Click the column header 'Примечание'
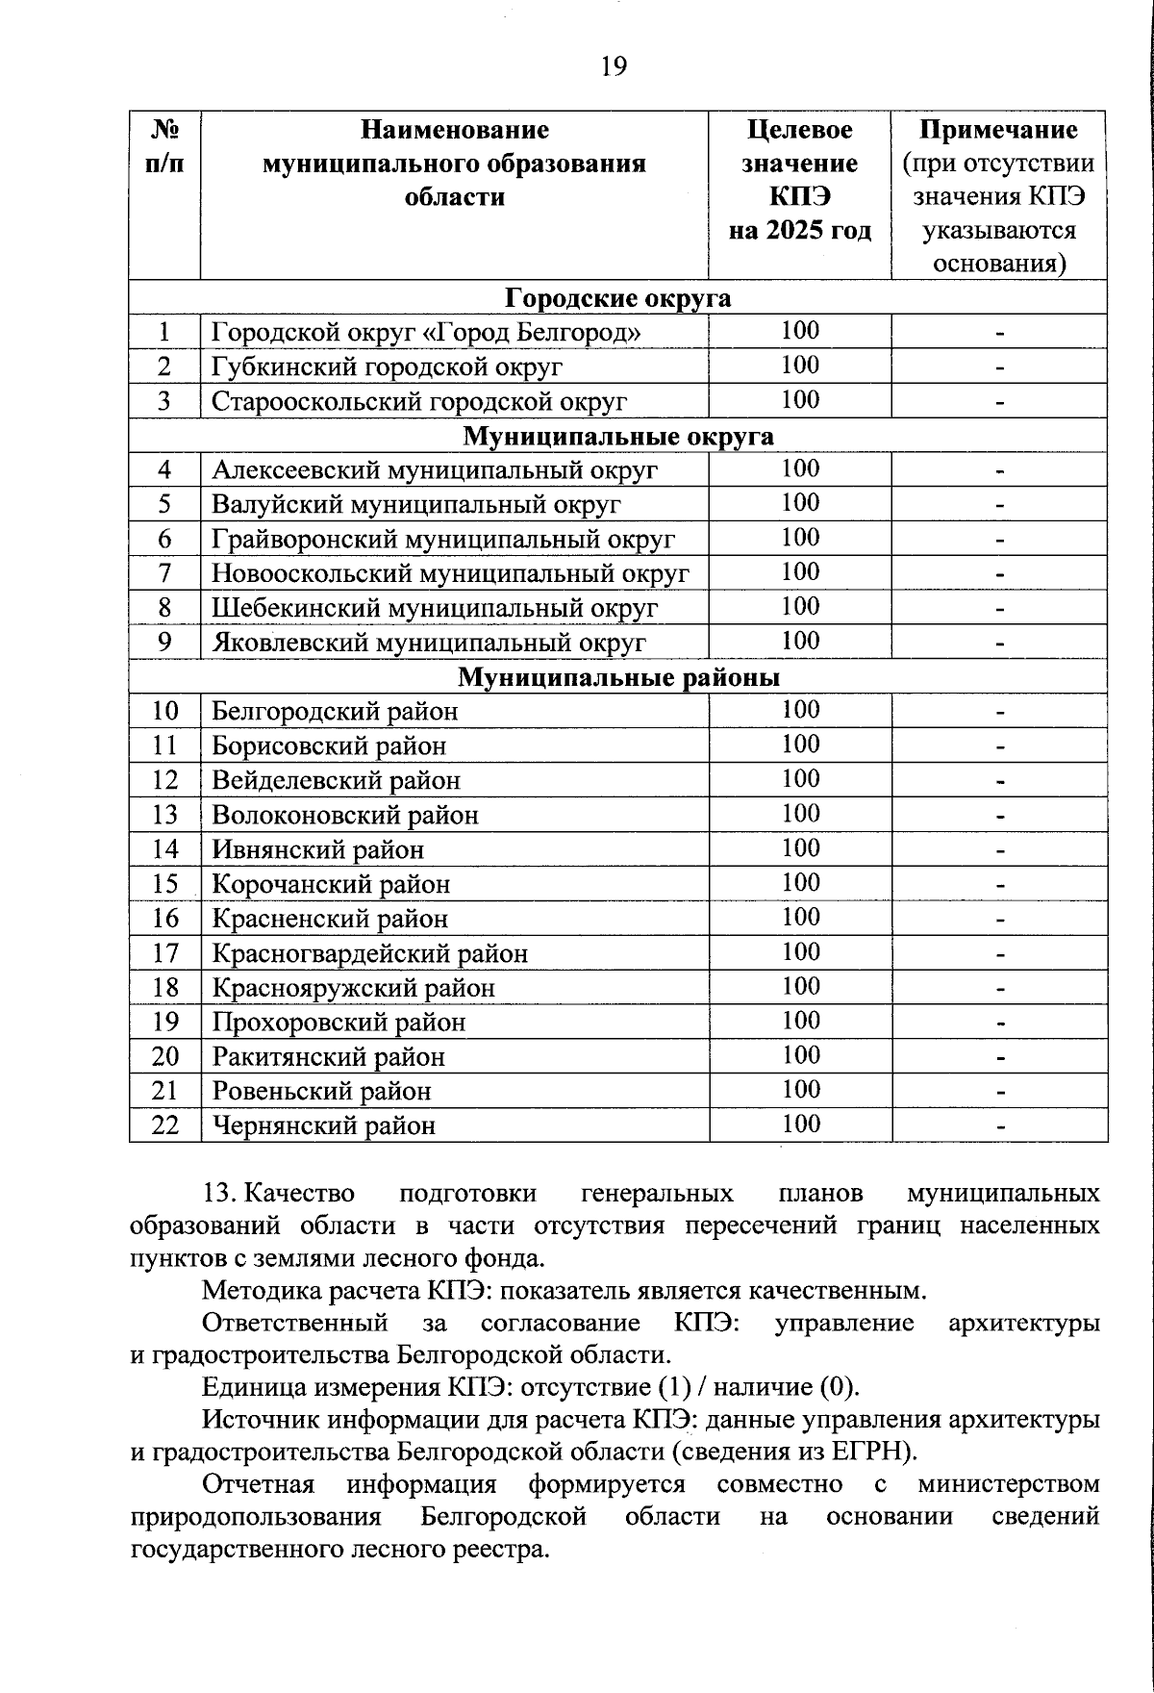click(998, 130)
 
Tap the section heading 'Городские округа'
click(617, 297)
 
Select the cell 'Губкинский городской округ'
click(387, 366)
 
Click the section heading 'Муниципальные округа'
click(617, 436)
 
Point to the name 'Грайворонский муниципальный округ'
click(442, 540)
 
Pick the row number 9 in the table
click(164, 642)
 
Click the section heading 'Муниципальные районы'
click(617, 677)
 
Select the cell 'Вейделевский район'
click(336, 780)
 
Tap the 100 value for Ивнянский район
click(800, 848)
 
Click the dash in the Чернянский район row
click(1000, 1124)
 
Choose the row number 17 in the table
click(165, 953)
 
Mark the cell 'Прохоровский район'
click(339, 1022)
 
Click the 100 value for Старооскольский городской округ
click(800, 400)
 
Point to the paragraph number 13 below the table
click(219, 1194)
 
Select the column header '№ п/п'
click(164, 146)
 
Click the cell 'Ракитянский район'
click(328, 1056)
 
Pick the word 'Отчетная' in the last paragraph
click(258, 1484)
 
